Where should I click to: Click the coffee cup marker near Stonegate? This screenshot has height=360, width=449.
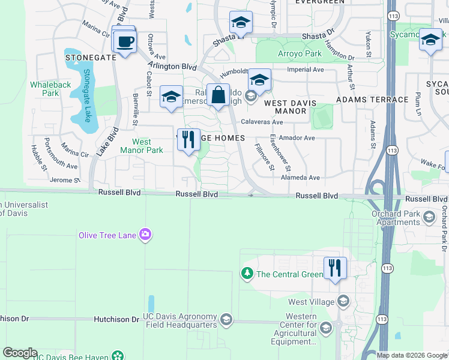pos(125,43)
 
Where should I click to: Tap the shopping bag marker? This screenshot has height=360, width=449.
pos(218,95)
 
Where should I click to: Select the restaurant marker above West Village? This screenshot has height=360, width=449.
pos(334,268)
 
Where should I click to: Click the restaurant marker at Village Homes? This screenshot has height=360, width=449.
pos(188,140)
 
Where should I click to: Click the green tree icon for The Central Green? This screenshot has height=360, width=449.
pos(247,274)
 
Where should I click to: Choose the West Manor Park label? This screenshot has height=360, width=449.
pos(147,146)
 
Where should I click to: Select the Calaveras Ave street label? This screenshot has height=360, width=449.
pos(262,122)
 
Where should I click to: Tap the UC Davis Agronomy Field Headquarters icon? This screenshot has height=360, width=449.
pos(226,318)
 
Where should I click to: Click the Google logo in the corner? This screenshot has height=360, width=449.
pos(20,353)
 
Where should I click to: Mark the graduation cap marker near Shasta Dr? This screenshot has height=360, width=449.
pos(241,23)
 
